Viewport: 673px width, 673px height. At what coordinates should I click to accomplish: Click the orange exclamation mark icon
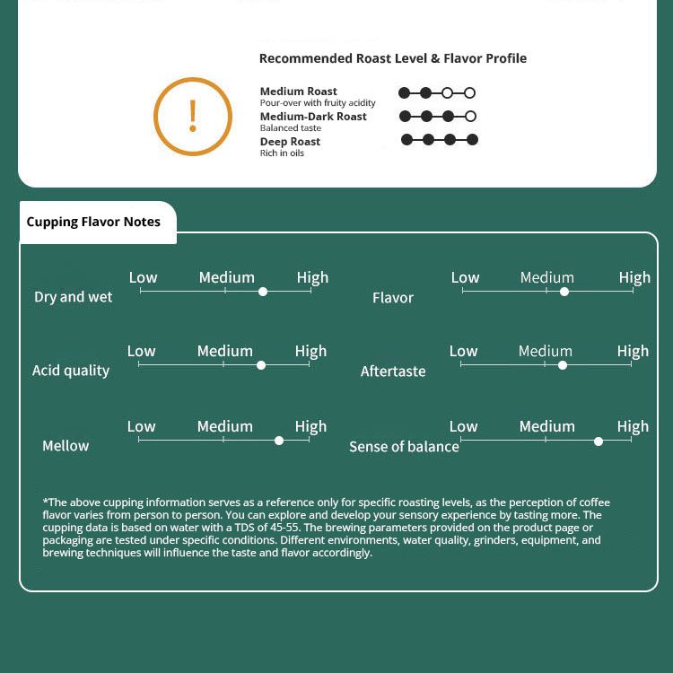[193, 117]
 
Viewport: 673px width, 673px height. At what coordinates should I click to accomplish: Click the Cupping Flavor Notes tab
[93, 222]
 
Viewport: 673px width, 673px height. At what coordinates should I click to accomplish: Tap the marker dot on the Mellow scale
[279, 440]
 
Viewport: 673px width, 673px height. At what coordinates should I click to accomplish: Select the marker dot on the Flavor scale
[564, 291]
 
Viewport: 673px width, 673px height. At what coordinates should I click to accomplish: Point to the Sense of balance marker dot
[599, 441]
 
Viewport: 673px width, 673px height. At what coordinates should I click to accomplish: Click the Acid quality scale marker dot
[261, 365]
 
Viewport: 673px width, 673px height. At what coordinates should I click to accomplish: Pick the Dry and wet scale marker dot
[263, 291]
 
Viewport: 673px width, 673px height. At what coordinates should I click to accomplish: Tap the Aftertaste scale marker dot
[563, 365]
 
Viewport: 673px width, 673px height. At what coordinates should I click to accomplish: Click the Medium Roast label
[299, 92]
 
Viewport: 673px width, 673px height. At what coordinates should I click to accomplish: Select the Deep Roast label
[290, 142]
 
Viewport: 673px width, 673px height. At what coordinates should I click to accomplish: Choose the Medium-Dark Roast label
[313, 117]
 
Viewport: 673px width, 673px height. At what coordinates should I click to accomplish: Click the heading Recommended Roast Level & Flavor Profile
[393, 58]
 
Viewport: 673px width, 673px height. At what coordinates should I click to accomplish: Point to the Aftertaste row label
[393, 371]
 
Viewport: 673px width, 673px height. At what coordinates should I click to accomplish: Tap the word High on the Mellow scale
[310, 426]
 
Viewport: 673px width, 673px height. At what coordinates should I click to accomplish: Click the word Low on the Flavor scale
[465, 277]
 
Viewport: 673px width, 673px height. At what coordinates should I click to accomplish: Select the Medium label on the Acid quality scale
[224, 351]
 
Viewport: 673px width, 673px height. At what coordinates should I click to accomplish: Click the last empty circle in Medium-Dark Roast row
[471, 117]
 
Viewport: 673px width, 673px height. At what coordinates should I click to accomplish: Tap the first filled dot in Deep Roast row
[406, 140]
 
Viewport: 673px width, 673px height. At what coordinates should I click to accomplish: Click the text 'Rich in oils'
[282, 153]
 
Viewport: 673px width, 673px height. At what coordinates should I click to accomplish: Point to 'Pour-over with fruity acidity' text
[318, 103]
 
